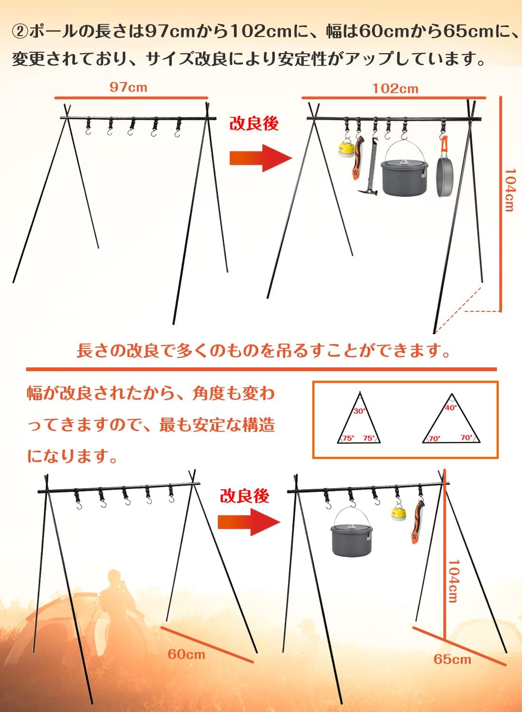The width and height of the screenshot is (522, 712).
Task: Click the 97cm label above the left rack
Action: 129,87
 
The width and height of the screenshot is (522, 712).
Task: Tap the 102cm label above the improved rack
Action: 396,89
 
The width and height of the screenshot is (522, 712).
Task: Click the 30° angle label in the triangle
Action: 360,412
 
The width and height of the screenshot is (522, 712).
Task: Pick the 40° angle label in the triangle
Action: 451,408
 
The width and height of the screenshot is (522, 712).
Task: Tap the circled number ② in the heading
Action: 20,32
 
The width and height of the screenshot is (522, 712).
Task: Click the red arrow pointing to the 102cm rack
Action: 261,158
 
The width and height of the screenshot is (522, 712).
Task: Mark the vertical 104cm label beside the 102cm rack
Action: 509,190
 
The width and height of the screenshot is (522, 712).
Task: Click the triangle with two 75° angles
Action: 359,417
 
